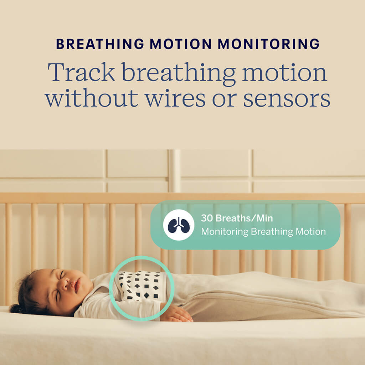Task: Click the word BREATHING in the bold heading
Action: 100,43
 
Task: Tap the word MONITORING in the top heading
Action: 269,43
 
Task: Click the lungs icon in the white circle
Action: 179,225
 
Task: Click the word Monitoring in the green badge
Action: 225,232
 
